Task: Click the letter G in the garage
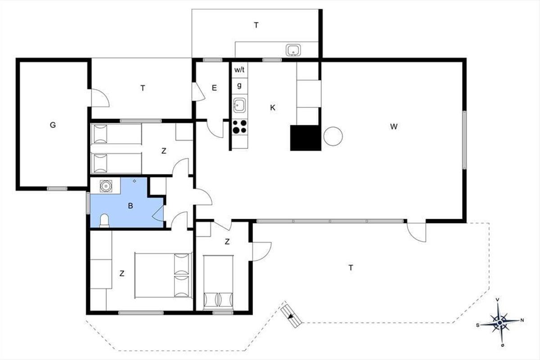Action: (x=53, y=125)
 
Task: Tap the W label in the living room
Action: (x=394, y=126)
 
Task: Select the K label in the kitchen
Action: (x=273, y=108)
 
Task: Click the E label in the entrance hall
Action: (x=214, y=88)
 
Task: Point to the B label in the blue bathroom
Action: (x=130, y=206)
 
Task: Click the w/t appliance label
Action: (x=239, y=70)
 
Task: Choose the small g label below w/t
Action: (x=239, y=85)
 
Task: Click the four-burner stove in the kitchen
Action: (x=239, y=126)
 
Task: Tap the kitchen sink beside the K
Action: (x=239, y=105)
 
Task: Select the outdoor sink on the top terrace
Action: (x=293, y=50)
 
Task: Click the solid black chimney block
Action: (x=306, y=138)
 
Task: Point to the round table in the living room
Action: (x=333, y=136)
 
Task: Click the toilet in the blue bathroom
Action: (x=104, y=220)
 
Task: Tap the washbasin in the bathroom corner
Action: (x=106, y=186)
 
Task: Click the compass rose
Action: (x=500, y=322)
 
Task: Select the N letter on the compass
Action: (x=522, y=320)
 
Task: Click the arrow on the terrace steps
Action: (x=292, y=316)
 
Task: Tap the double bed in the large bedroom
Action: (x=163, y=275)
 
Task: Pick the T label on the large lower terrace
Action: (x=351, y=268)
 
